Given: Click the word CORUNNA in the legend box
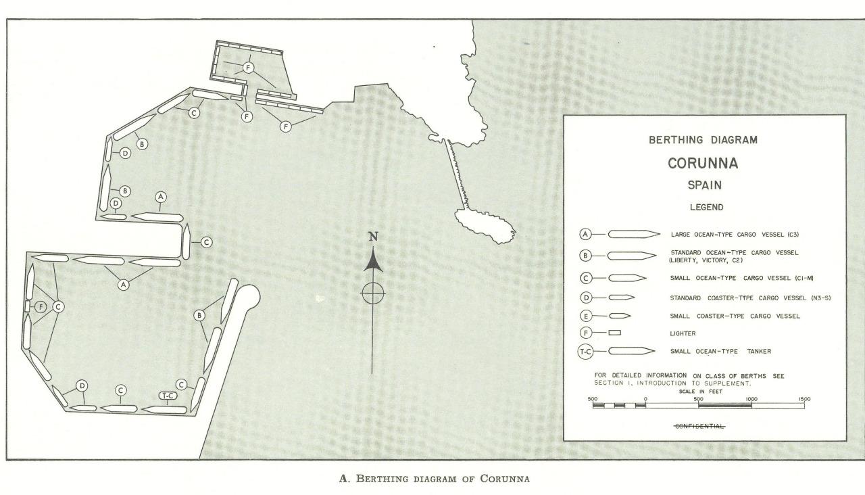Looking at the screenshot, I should (x=703, y=164).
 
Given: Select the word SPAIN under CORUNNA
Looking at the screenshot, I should (x=703, y=185).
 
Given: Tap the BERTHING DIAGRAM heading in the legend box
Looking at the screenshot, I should (x=703, y=141).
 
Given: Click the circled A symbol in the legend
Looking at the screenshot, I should (x=586, y=235).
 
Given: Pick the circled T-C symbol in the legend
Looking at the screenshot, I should (x=585, y=351).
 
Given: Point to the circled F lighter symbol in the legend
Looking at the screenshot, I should (x=586, y=333).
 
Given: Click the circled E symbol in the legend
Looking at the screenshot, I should (x=586, y=316).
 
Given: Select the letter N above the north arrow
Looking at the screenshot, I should (x=372, y=237).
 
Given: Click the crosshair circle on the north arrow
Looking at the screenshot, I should (x=372, y=293).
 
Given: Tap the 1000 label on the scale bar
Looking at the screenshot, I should (x=751, y=399).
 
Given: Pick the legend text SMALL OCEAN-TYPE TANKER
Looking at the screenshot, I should (x=721, y=351).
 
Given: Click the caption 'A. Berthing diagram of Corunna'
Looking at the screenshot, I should (x=432, y=479).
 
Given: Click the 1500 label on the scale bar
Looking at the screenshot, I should (x=804, y=399).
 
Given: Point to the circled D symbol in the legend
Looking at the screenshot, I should (x=586, y=298).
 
